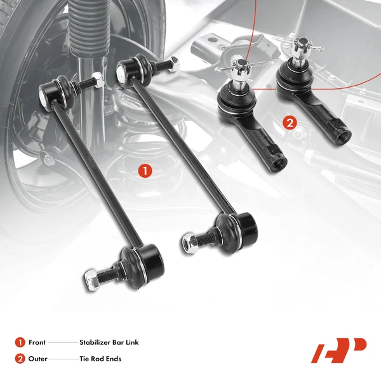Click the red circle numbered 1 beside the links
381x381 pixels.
145,170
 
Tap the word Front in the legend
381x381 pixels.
37,342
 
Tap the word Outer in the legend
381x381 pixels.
37,359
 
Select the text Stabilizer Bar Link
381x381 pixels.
109,342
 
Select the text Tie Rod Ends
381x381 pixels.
100,359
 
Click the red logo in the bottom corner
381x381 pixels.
338,350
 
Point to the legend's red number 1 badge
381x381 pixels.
19,342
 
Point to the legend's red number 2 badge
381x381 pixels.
19,359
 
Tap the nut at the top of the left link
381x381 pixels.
97,79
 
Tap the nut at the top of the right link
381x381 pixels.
173,63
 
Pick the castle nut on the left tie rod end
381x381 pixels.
242,65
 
